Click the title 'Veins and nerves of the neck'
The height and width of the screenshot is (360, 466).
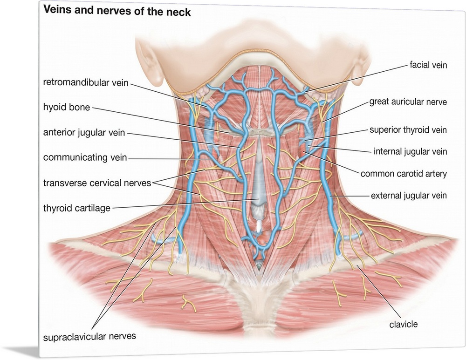(x=117, y=12)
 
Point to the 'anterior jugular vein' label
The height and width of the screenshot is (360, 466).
(x=84, y=133)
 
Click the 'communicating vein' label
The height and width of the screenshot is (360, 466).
(x=85, y=158)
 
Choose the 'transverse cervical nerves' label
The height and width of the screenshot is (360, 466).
(x=97, y=183)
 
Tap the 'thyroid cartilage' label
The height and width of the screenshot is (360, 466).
(x=77, y=208)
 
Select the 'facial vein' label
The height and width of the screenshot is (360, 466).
(x=428, y=65)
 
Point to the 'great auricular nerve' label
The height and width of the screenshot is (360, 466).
(x=408, y=102)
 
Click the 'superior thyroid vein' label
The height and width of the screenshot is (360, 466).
(x=408, y=130)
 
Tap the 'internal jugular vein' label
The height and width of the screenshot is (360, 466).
(x=410, y=151)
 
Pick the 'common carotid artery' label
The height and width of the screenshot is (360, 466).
(x=404, y=174)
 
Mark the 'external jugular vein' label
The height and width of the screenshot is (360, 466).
(x=409, y=196)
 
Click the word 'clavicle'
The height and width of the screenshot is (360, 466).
(x=404, y=323)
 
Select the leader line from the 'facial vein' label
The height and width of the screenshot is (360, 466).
(x=359, y=77)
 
